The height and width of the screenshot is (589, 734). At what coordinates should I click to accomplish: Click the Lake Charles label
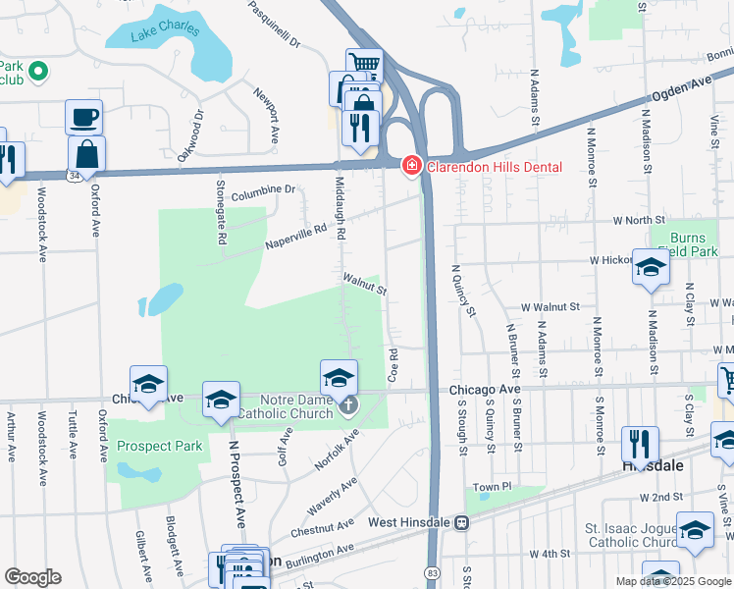coord(160,31)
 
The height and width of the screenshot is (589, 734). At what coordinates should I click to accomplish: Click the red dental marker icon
coord(412,165)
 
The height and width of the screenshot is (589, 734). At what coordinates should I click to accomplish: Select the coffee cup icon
coord(83,117)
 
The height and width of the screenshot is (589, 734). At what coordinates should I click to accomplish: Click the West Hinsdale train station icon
coord(460,522)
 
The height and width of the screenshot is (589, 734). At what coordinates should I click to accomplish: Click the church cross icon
coord(349,403)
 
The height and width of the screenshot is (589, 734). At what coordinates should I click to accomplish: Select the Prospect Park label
coord(159,446)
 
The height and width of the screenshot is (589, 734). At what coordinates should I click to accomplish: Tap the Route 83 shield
coord(434,570)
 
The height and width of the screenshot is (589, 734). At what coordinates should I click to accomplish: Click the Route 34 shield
coord(75,175)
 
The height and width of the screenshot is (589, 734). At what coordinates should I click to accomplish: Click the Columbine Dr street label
coord(263,188)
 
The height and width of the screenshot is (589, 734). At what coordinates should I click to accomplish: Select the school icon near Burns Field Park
coord(650,268)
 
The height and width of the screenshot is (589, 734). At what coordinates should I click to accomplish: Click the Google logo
coord(32,577)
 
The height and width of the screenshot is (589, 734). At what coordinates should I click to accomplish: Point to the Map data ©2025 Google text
coord(672,581)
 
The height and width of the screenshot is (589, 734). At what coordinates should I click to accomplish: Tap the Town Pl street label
coord(493,487)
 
